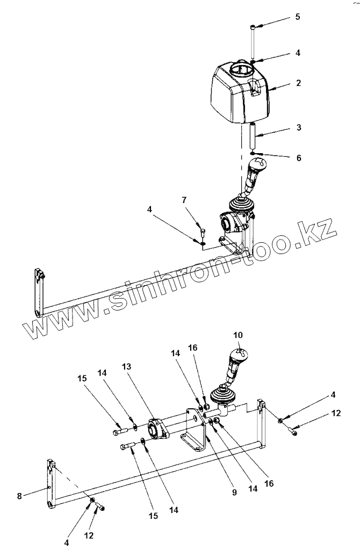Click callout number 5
click(x=297, y=17)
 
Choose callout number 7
click(x=184, y=200)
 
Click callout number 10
click(x=238, y=335)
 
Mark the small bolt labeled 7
click(x=203, y=233)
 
